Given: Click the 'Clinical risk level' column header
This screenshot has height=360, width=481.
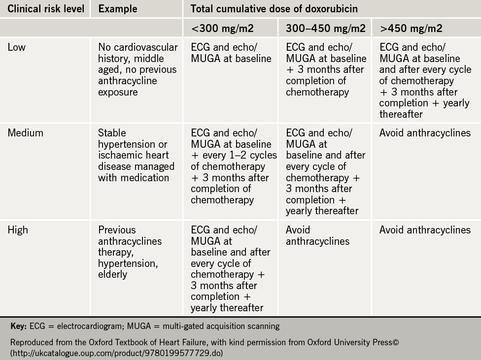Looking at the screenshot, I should click(45, 8).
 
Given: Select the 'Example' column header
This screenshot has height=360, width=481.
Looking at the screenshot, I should click(118, 8).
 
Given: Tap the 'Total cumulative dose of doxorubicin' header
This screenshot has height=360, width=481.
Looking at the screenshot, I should click(274, 8).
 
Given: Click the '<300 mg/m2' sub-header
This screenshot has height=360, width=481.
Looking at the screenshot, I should click(222, 29).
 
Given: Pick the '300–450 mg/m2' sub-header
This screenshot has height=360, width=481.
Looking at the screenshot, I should click(326, 29).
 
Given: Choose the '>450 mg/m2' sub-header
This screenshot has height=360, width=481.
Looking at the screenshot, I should click(411, 29).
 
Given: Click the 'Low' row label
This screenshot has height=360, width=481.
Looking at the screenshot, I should click(17, 47).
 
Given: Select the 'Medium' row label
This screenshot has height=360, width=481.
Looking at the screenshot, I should click(25, 133).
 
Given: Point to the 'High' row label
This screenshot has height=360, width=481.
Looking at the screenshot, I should click(18, 230).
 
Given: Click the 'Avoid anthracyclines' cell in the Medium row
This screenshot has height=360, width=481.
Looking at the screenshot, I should click(425, 133).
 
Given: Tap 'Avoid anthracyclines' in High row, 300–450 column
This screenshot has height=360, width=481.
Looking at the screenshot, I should click(317, 235).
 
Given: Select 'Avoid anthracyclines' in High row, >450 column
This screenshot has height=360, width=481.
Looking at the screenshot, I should click(425, 230).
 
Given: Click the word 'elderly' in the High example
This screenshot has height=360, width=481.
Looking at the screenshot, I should click(113, 274).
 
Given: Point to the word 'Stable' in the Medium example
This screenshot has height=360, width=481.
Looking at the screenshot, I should click(112, 133).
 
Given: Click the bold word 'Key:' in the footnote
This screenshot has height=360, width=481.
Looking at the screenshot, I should click(19, 326).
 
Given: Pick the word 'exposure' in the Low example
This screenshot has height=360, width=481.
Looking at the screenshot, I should click(118, 92).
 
